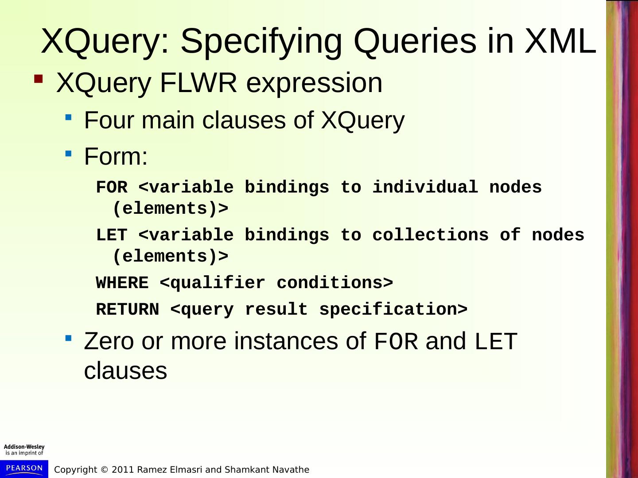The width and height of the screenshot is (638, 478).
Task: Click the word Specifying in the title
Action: coord(261,41)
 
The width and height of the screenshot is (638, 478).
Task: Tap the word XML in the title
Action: coord(560,41)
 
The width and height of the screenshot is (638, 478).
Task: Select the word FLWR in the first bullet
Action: coord(198,83)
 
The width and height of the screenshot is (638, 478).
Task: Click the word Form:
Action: coord(116,157)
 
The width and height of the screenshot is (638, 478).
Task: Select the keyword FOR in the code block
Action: coord(112,187)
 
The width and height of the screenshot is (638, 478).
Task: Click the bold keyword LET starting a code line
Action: coord(112,235)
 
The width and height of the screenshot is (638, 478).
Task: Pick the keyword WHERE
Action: coord(122,283)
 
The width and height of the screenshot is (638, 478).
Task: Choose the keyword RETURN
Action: coord(128,309)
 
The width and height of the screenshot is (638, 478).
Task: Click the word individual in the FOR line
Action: coord(425,187)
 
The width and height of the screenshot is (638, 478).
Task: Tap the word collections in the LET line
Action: coord(430,235)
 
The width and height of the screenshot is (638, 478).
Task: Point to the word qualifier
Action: coord(218,283)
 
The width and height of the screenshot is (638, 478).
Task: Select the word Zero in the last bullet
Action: coord(109,341)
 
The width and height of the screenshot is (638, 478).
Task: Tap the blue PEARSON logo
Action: coord(24,468)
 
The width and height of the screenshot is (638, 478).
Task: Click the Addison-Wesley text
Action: coord(24,447)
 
